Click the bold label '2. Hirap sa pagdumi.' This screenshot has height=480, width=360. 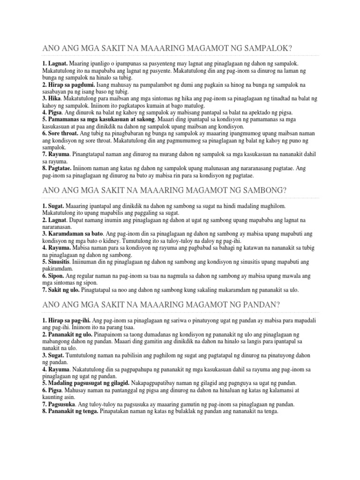tap(68, 84)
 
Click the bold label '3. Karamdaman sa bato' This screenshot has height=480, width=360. tap(72, 233)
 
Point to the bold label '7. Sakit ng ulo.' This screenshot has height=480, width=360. tap(61, 290)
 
